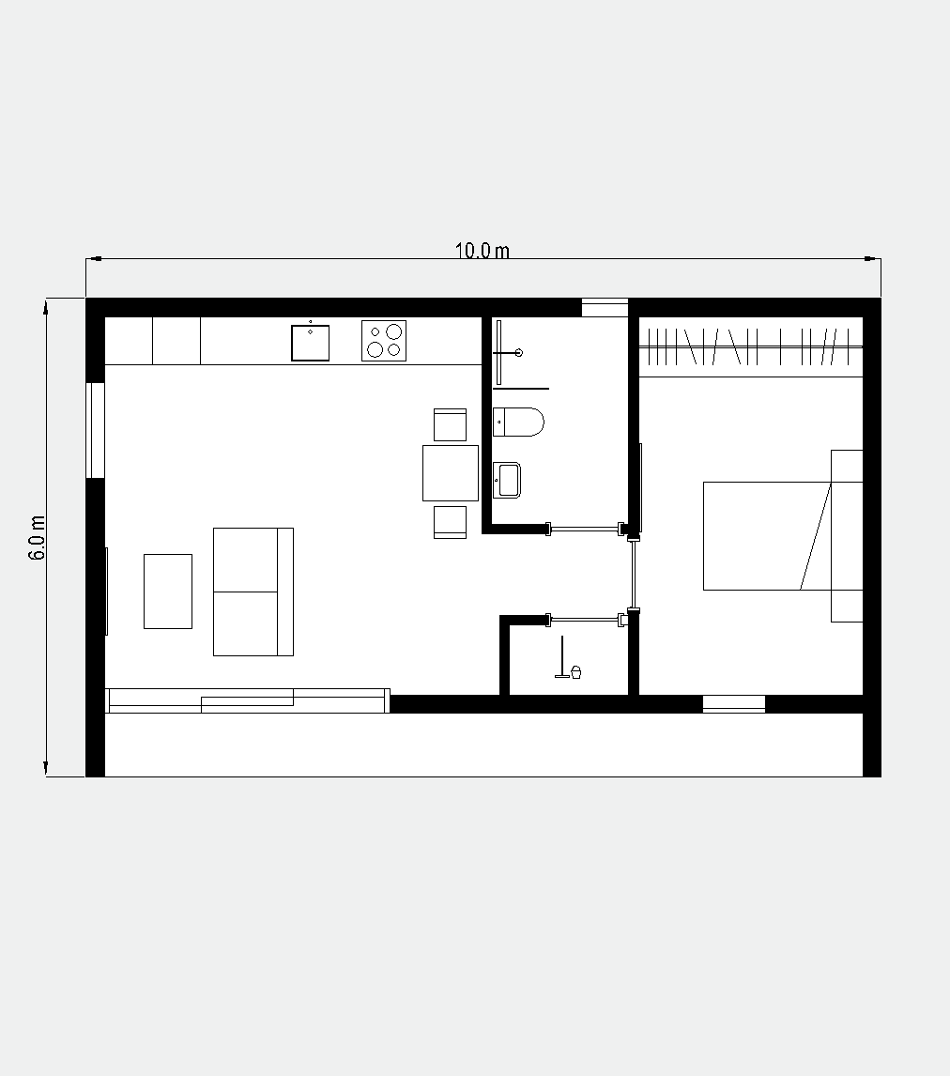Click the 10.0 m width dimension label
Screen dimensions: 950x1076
coord(483,251)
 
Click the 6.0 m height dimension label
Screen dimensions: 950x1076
coord(37,537)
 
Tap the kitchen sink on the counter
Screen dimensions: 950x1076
coord(310,343)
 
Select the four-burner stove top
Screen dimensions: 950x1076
coord(384,341)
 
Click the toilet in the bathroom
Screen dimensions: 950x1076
coord(518,422)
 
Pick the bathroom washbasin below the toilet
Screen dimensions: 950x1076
coord(507,480)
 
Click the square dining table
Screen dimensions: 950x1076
coord(450,473)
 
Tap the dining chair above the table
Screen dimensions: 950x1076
coord(450,424)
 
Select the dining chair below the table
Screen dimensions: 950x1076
coord(450,522)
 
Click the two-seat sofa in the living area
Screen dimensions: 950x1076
coord(253,592)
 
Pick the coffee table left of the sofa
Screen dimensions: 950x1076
coord(168,592)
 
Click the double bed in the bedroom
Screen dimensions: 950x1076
coord(767,536)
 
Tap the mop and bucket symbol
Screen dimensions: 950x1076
coord(568,659)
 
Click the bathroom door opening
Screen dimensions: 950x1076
coord(585,529)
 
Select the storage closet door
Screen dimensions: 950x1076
coord(585,620)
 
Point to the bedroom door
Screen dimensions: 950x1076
coord(635,574)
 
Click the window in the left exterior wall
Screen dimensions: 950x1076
coord(96,430)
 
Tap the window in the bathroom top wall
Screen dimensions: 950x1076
coord(605,307)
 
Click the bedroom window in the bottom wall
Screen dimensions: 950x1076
coord(734,704)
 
